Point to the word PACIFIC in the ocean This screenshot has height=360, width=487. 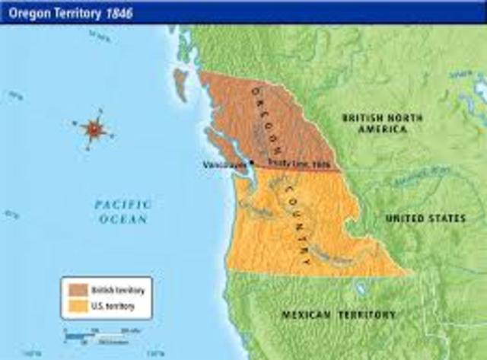[x=123, y=204]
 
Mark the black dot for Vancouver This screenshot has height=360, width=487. [x=251, y=162]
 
